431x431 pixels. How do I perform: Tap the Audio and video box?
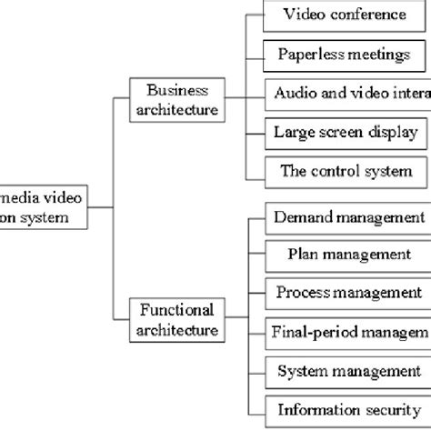[x=346, y=94]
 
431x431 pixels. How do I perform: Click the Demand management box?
[x=346, y=218]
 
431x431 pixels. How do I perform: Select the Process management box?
[x=346, y=293]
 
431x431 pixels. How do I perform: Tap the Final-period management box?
[x=346, y=331]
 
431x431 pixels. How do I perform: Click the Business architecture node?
[x=176, y=99]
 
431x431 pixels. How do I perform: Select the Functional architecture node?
[x=176, y=319]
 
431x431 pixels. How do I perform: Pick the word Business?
[x=176, y=90]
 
